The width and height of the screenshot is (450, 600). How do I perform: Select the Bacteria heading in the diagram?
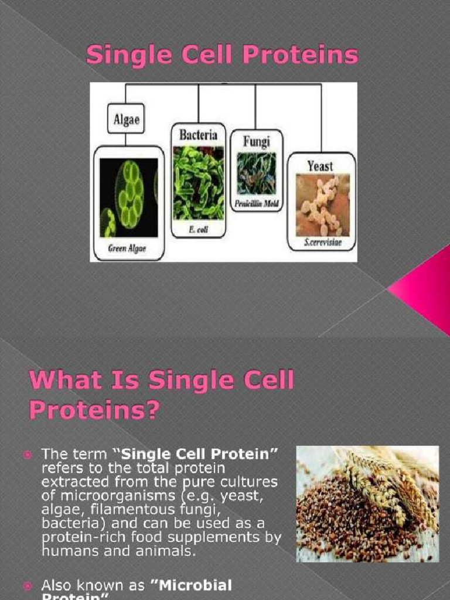(198, 135)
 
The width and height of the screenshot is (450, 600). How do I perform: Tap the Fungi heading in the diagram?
(256, 141)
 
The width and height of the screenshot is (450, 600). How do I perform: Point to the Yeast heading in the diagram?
(321, 166)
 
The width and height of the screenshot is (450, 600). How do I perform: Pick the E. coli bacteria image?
(198, 182)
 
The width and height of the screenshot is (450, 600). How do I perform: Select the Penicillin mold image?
(256, 173)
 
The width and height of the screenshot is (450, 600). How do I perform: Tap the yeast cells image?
(322, 204)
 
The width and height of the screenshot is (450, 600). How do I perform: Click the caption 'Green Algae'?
(127, 248)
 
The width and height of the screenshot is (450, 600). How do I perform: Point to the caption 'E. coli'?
(199, 230)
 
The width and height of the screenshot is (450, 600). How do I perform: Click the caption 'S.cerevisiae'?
(322, 243)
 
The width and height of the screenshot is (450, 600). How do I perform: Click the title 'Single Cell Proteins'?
(222, 56)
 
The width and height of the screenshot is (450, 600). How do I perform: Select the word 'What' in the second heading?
(60, 381)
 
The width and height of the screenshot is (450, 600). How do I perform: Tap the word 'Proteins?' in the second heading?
(94, 410)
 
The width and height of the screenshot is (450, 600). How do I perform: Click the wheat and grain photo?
(367, 504)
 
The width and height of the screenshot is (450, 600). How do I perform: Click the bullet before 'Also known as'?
(26, 585)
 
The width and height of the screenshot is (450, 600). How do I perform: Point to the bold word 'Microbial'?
(199, 585)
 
